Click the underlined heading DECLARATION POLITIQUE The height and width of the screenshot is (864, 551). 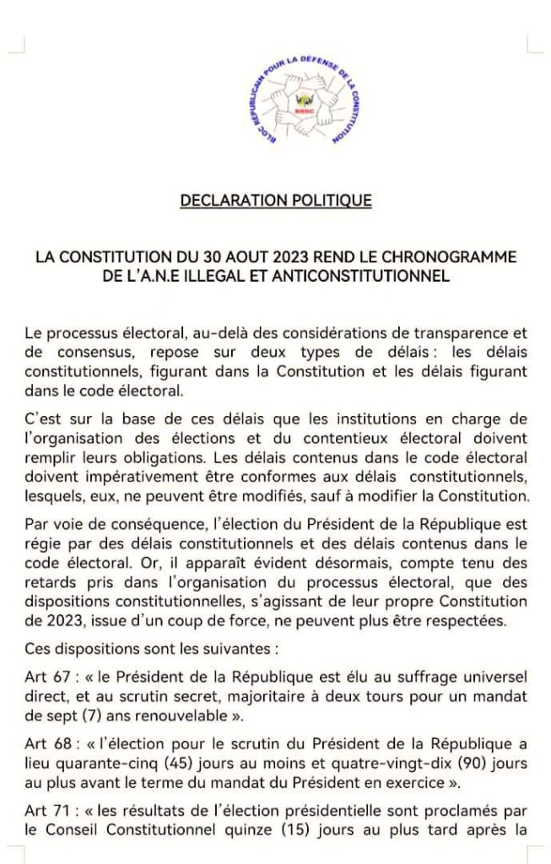276,201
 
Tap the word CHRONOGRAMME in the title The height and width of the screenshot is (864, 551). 456,256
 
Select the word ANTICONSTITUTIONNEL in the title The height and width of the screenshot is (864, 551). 368,275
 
